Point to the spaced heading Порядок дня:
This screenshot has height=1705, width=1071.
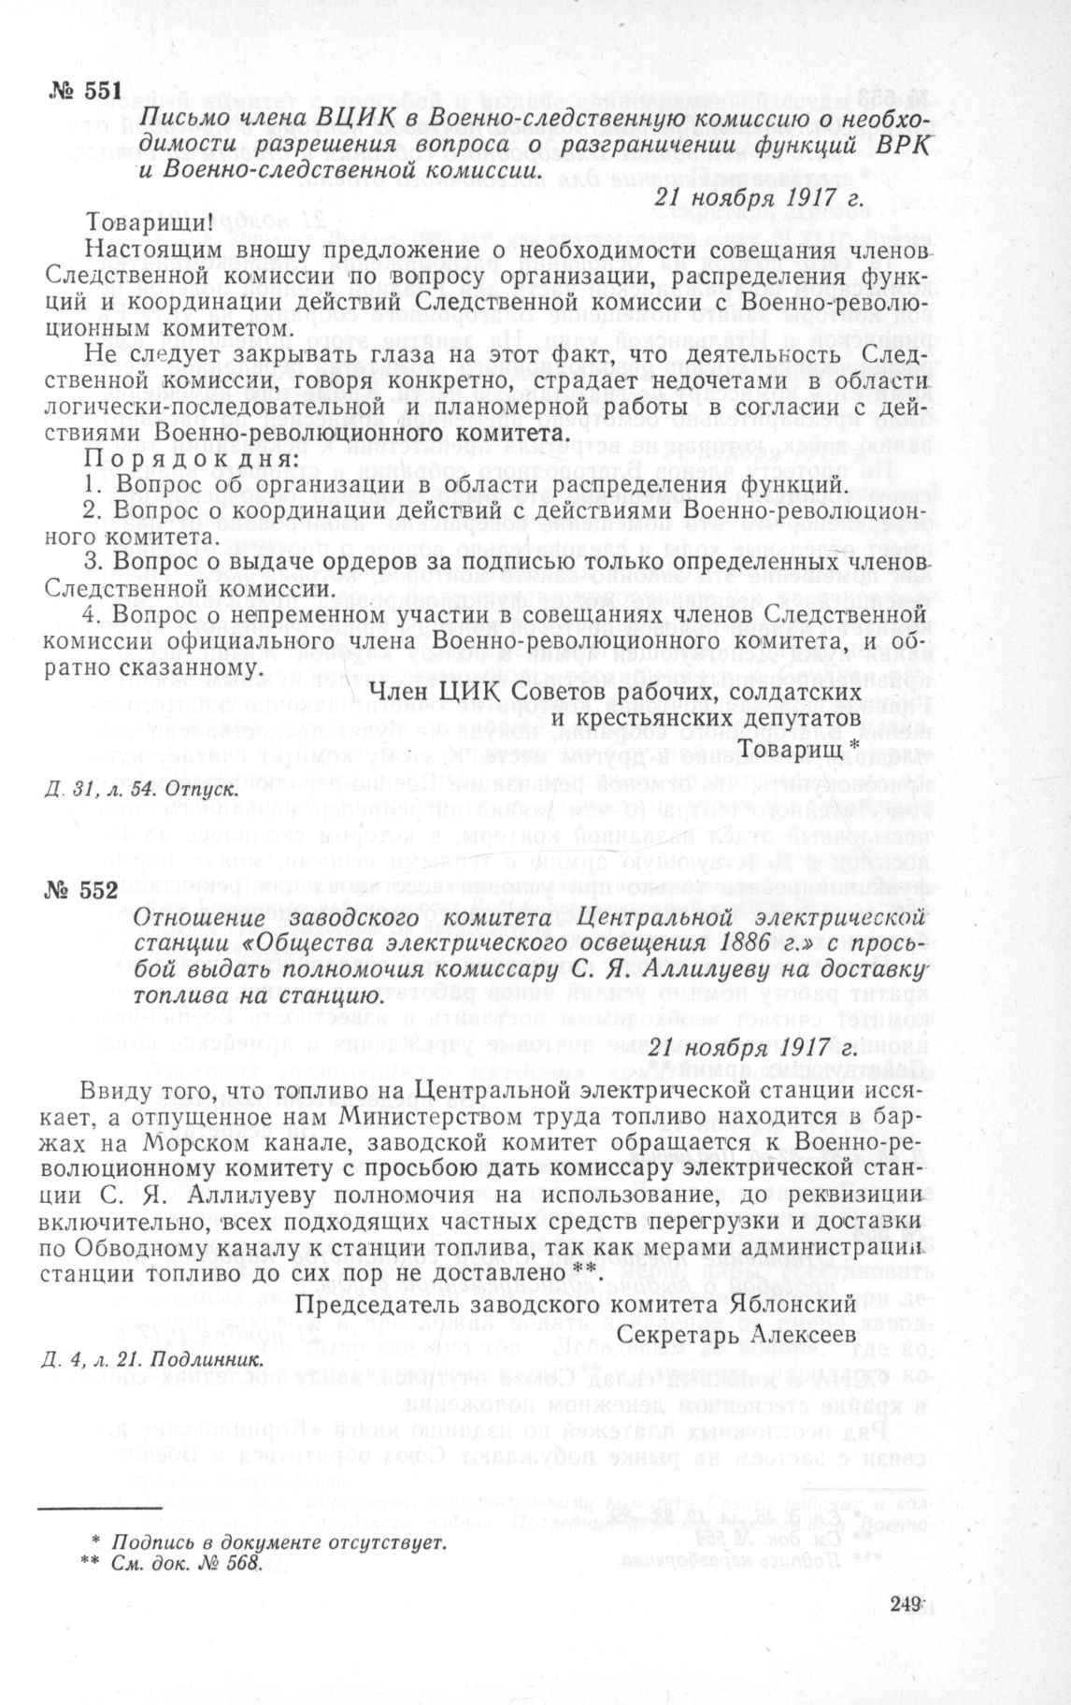pyautogui.click(x=193, y=460)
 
